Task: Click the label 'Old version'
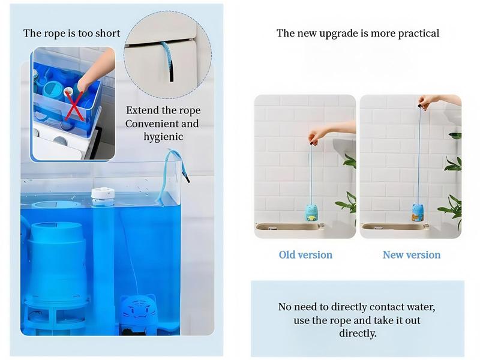pyautogui.click(x=305, y=255)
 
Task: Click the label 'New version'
pyautogui.click(x=412, y=255)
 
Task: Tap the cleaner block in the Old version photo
pyautogui.click(x=311, y=212)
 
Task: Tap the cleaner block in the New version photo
pyautogui.click(x=418, y=212)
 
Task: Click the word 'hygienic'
pyautogui.click(x=163, y=137)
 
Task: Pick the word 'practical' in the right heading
pyautogui.click(x=417, y=34)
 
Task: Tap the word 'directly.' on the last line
pyautogui.click(x=358, y=333)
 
